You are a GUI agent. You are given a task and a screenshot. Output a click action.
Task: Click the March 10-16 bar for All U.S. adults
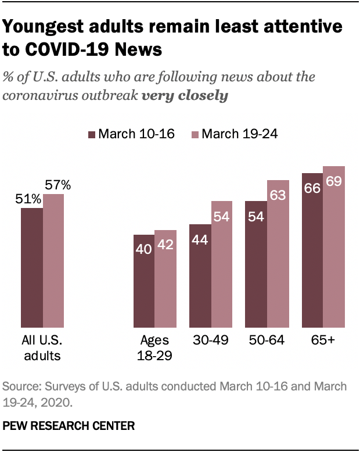[32, 267]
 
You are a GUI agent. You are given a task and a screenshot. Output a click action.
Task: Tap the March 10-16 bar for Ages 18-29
[144, 281]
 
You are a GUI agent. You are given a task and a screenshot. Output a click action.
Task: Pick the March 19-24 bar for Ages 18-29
[165, 279]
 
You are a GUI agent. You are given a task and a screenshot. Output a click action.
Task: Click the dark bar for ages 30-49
[200, 276]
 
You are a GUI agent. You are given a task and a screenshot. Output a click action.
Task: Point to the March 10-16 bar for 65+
[313, 250]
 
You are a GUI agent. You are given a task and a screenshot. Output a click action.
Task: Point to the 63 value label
[278, 195]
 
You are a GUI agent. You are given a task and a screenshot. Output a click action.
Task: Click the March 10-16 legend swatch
[91, 135]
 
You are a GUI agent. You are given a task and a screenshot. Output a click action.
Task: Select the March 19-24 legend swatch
[196, 135]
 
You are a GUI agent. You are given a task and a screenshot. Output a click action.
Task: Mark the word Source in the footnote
[20, 386]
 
